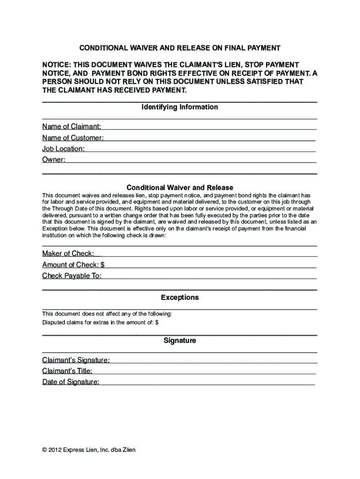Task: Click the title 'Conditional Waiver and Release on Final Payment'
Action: pyautogui.click(x=180, y=48)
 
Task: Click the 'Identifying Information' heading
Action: pyautogui.click(x=180, y=107)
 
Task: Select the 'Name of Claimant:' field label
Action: pyautogui.click(x=72, y=126)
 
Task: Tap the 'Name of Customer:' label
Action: pyautogui.click(x=73, y=138)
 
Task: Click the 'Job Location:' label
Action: pyautogui.click(x=64, y=149)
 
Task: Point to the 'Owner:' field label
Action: pyautogui.click(x=54, y=160)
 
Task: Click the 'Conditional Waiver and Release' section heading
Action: pyautogui.click(x=180, y=188)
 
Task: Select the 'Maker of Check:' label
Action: pyautogui.click(x=68, y=254)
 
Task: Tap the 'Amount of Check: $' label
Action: pyautogui.click(x=73, y=265)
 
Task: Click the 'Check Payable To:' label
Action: pyautogui.click(x=72, y=276)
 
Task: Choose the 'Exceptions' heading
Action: pyautogui.click(x=180, y=298)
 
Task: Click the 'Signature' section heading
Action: pyautogui.click(x=180, y=341)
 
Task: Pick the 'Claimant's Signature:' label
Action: pyautogui.click(x=76, y=360)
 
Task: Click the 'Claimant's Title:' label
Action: pyautogui.click(x=67, y=371)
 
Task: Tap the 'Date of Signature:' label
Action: pyautogui.click(x=71, y=382)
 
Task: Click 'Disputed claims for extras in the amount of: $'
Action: pyautogui.click(x=101, y=322)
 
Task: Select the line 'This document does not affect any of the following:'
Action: pyautogui.click(x=107, y=313)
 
